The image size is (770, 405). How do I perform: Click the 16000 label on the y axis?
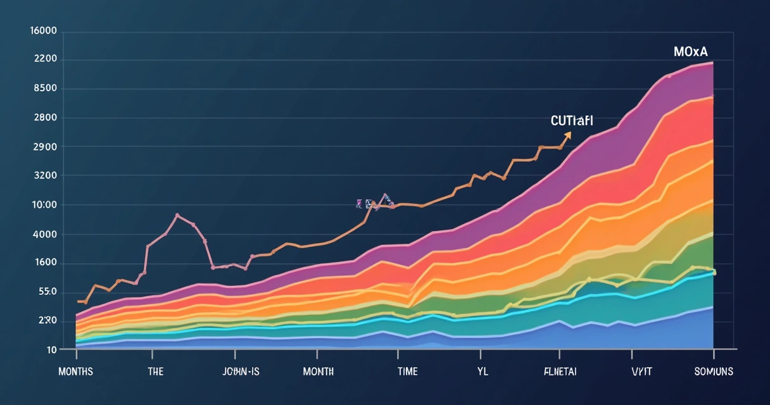44,31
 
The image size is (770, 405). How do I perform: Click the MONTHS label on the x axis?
75,371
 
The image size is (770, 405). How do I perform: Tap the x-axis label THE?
156,371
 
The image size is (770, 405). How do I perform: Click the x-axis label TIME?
407,371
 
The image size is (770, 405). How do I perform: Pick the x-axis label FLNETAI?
560,371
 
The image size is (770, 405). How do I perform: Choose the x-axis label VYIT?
642,371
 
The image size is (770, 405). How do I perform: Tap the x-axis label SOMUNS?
713,371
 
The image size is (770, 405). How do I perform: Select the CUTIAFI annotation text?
572,120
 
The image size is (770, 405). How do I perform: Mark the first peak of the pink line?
177,215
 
